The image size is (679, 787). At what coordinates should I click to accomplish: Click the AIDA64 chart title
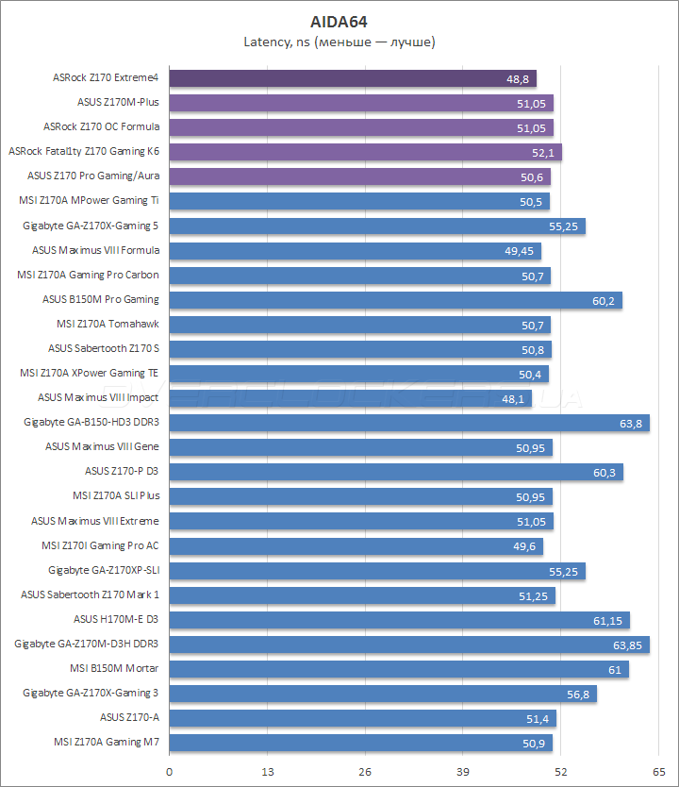coord(339,21)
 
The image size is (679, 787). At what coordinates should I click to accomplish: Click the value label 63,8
coord(631,423)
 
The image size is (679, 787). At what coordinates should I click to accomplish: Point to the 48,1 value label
coord(513,398)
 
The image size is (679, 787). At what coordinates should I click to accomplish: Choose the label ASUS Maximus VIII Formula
coord(95,250)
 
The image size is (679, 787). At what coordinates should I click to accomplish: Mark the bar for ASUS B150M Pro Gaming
coord(396,300)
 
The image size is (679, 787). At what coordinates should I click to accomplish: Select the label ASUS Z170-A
coord(129,717)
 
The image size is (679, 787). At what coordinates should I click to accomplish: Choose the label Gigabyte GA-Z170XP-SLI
coord(104,570)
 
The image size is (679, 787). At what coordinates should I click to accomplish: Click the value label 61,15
coord(607,620)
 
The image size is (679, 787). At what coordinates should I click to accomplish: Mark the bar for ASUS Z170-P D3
coord(396,472)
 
